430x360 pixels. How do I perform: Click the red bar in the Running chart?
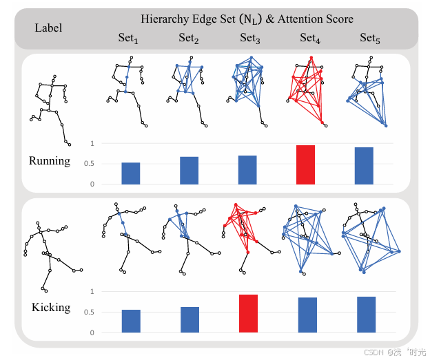pos(305,165)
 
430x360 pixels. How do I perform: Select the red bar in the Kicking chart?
pos(247,314)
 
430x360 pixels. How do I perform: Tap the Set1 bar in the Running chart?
pos(131,173)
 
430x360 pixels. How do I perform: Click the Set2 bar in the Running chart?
pos(189,171)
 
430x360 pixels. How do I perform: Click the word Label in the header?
pos(48,28)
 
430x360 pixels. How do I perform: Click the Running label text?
pos(50,161)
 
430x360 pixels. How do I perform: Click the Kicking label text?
pos(51,307)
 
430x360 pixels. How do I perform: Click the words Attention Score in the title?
pos(319,19)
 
